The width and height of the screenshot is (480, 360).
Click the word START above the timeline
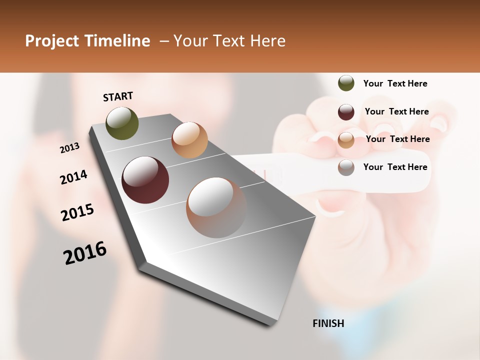coord(118,96)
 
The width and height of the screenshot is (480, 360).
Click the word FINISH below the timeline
coord(328,323)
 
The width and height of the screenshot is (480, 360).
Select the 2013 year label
coord(69,148)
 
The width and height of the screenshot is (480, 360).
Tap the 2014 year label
coord(73,177)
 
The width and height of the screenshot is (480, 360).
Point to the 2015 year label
coord(77,212)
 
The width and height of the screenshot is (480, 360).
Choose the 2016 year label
coord(85,252)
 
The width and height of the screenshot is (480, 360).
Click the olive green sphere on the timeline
coord(122,123)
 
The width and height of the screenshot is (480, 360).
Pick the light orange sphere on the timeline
coord(189,140)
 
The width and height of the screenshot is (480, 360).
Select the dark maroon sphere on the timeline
coord(145,180)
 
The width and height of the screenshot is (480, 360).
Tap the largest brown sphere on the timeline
coord(216,207)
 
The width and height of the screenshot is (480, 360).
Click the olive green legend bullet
coord(346,83)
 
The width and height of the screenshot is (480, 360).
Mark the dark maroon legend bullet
coord(346,112)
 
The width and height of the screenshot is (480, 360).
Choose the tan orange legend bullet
coord(346,140)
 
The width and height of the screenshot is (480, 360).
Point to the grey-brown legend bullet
coord(346,167)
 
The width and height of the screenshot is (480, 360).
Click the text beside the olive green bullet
coord(395,83)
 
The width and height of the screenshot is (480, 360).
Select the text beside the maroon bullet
coord(396,111)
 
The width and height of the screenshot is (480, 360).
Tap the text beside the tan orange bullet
coord(397,139)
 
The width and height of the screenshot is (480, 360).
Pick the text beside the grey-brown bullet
coord(395,167)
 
